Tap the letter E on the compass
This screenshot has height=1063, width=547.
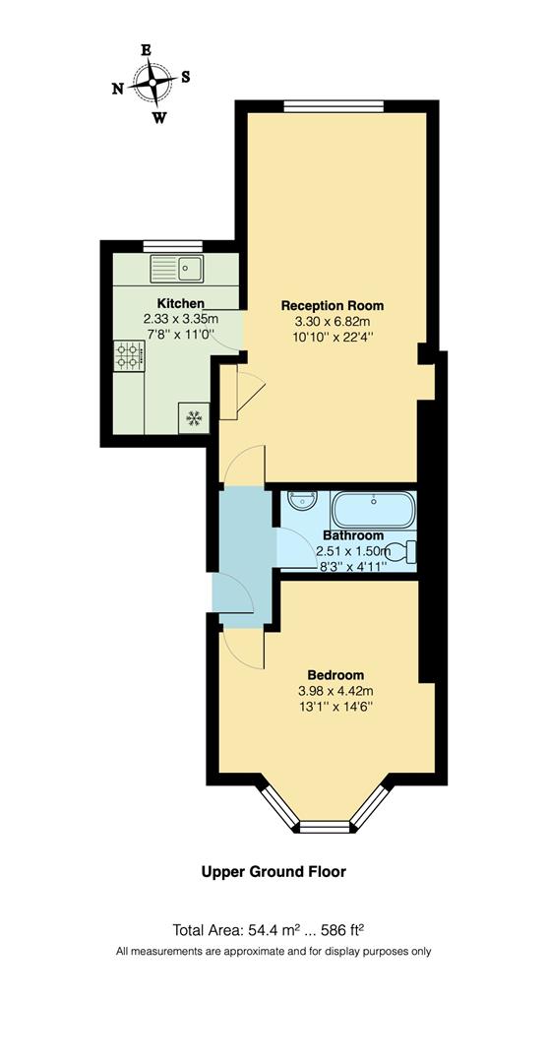(146, 49)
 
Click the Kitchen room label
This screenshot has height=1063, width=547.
(181, 303)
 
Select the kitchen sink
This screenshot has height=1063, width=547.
(177, 268)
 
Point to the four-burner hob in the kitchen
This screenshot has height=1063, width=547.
(128, 354)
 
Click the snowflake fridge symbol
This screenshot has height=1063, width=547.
(194, 418)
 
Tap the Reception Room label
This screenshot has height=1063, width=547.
(333, 305)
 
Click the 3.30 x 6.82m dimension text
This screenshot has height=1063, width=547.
(333, 321)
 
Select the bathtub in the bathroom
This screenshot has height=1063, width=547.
(374, 511)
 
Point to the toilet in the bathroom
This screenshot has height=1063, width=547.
(402, 551)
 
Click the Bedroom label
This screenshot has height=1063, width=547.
(335, 675)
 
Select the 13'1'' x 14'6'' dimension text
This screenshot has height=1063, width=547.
(335, 707)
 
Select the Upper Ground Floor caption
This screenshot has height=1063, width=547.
(273, 871)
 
